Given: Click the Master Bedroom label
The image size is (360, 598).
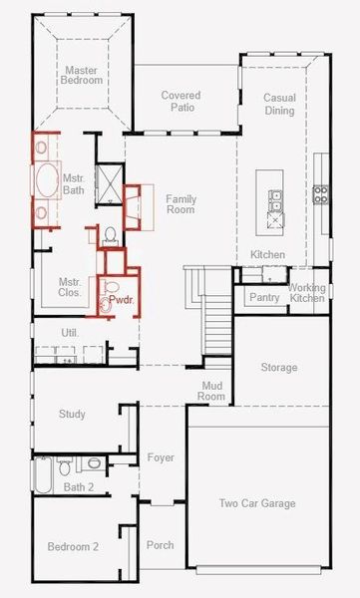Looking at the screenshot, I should click(x=81, y=77).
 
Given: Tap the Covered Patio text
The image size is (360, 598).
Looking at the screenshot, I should click(x=180, y=103).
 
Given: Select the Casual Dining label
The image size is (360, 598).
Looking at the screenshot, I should click(x=279, y=104).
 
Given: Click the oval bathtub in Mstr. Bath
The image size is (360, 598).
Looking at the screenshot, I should click(x=46, y=182).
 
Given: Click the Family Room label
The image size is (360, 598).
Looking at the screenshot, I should click(x=180, y=205).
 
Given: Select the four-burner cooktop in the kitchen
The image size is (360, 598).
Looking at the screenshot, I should click(x=322, y=193).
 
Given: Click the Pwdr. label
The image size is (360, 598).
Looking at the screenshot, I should click(x=121, y=299).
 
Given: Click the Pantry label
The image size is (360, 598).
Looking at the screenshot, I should click(x=264, y=297).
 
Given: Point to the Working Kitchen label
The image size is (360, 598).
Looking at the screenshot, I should click(x=306, y=294).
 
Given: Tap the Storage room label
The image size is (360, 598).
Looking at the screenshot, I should click(x=279, y=368).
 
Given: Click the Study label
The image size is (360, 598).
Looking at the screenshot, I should click(x=72, y=414).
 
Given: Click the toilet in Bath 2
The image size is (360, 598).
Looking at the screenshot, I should click(x=65, y=465).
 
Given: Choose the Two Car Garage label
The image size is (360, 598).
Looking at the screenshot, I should click(x=257, y=503).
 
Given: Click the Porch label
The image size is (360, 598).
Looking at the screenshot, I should click(x=160, y=545).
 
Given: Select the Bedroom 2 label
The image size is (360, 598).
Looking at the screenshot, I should click(x=73, y=546).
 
